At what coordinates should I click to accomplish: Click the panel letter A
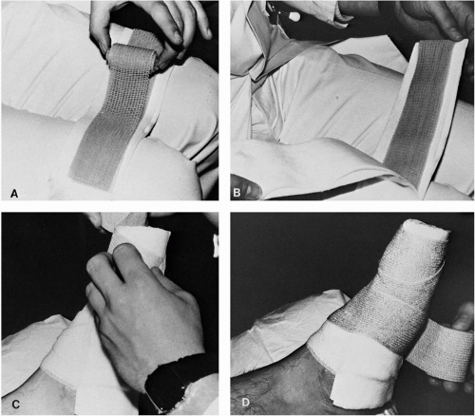pyautogui.click(x=14, y=193)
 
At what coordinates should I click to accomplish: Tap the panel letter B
pyautogui.click(x=237, y=192)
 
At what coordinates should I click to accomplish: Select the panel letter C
pyautogui.click(x=15, y=404)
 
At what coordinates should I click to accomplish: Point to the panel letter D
pyautogui.click(x=245, y=402)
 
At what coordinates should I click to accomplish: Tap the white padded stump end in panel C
pyautogui.click(x=142, y=245)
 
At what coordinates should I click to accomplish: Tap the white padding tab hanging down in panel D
pyautogui.click(x=344, y=392)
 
